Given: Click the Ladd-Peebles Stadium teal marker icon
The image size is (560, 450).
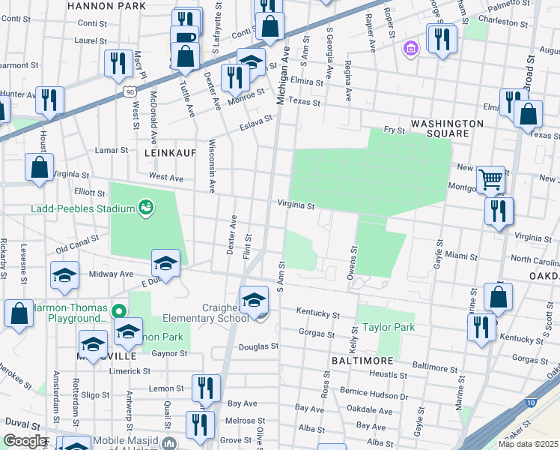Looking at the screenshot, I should coord(146,207).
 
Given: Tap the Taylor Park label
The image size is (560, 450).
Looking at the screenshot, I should coord(388,328).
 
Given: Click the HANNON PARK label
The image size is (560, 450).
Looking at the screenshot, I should coord(116,5).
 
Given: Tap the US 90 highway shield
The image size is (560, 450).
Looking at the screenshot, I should coord(130,91).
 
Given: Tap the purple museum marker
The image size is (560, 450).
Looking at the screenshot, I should coord(409,50).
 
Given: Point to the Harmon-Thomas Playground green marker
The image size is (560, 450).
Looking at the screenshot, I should coord(118,310).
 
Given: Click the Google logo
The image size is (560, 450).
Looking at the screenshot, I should coord(25,441).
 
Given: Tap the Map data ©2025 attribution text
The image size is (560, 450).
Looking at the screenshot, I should coord(528,443).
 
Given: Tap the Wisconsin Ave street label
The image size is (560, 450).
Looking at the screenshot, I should coord(212,165).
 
